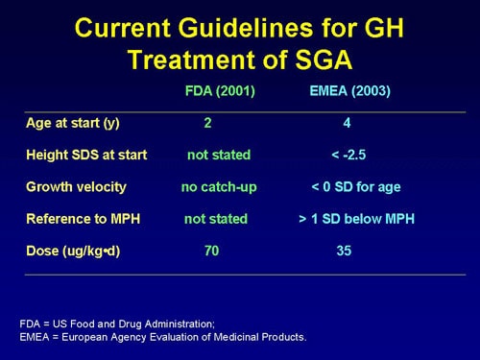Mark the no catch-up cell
[219, 186]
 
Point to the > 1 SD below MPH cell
[356, 219]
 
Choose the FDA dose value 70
[211, 252]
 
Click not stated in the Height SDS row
[219, 155]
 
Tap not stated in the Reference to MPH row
[216, 219]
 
